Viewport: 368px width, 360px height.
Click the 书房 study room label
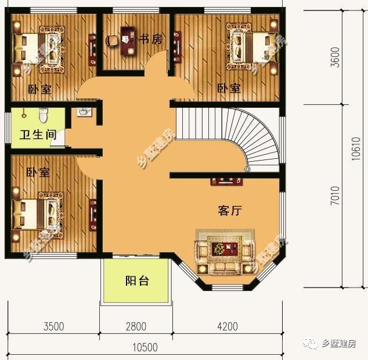[150, 39]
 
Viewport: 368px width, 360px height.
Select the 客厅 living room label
[230, 211]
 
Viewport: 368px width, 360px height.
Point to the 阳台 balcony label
[138, 281]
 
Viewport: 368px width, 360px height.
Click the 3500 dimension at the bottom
[53, 326]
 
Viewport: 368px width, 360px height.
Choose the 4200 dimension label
[227, 326]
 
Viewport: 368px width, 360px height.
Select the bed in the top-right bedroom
[251, 46]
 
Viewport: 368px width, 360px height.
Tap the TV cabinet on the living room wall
[226, 181]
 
